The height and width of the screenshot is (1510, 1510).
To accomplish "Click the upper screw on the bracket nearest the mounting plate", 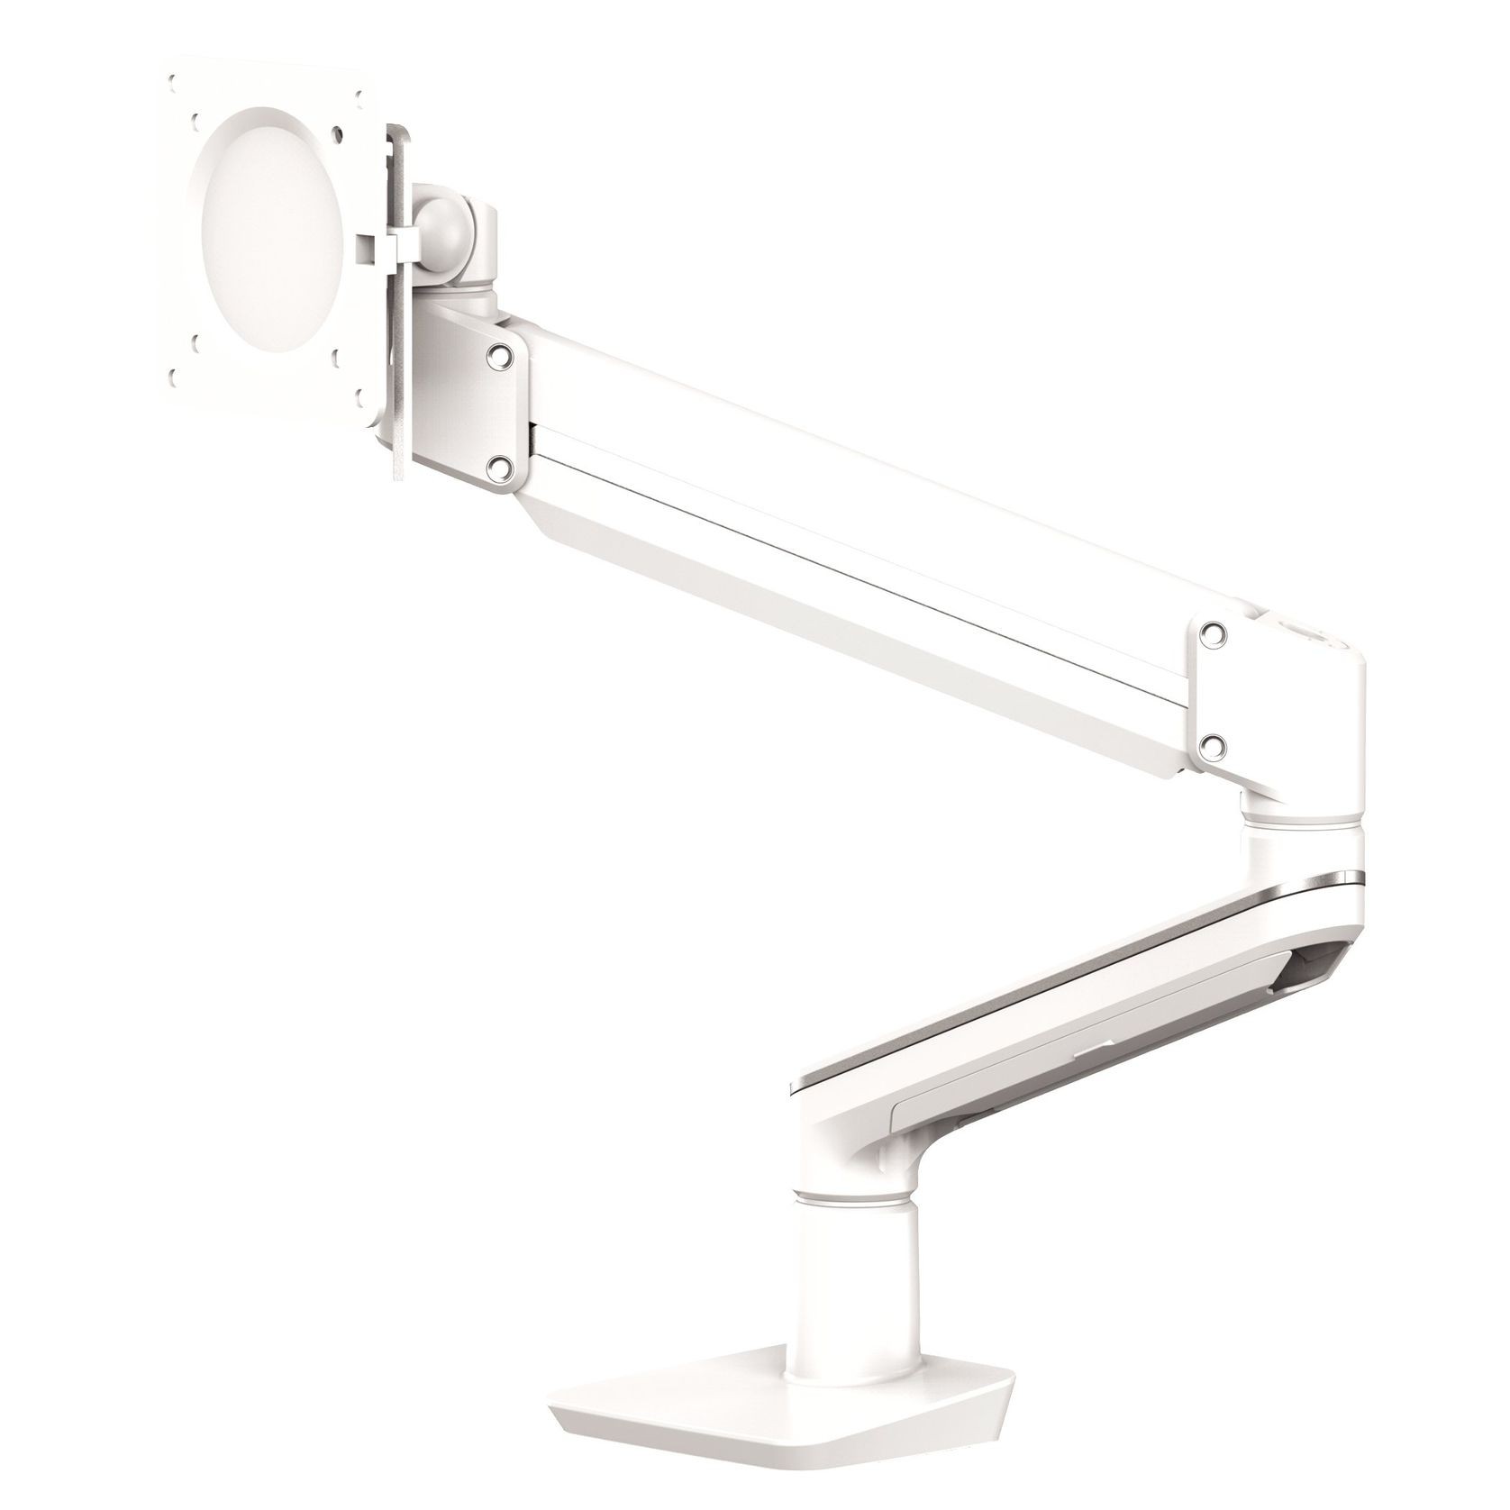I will point(495,358).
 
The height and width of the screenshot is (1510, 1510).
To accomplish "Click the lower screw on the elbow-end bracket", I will point(1214,741).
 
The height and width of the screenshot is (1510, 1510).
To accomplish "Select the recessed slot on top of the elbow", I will point(1306,634).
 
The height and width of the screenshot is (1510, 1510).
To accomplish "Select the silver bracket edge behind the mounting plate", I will point(397,378).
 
